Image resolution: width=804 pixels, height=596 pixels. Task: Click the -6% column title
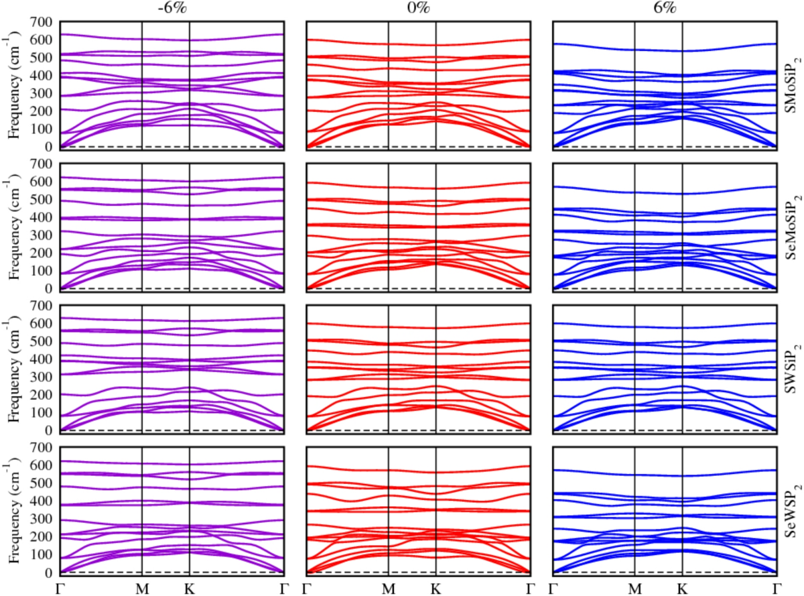(172, 9)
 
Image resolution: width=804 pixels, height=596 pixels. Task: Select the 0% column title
(418, 9)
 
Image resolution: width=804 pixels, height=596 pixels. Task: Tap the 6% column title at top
(664, 9)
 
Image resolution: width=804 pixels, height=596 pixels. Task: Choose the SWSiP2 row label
(792, 367)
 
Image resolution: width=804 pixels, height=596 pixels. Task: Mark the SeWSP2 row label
(792, 510)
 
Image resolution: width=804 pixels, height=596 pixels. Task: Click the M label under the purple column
(142, 587)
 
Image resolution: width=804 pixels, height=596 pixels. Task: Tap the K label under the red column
(435, 587)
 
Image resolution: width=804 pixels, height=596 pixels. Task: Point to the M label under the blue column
(634, 587)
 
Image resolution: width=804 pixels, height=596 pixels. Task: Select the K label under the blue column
(682, 587)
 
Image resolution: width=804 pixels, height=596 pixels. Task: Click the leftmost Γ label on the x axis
(61, 587)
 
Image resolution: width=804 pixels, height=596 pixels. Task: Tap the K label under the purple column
(190, 587)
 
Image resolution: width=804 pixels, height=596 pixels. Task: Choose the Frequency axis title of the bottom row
(13, 510)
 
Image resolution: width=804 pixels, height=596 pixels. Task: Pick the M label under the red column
(389, 587)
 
